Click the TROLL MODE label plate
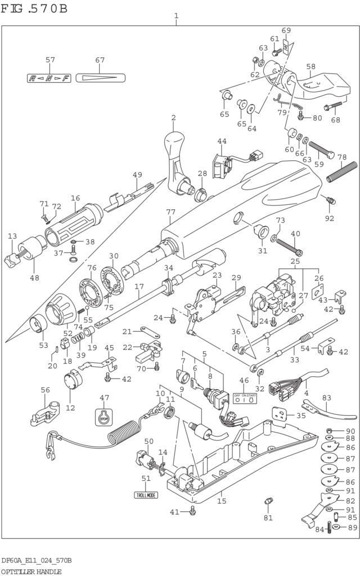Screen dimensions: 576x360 [146, 495]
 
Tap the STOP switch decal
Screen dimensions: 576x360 [103, 417]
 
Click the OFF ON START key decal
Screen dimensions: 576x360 [245, 398]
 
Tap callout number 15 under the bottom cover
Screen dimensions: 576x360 [222, 501]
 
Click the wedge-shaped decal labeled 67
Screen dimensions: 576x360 [100, 78]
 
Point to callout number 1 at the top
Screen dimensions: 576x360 [176, 16]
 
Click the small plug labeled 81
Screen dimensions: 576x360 [268, 501]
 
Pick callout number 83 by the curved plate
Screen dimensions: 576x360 [326, 397]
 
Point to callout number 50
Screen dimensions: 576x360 [148, 442]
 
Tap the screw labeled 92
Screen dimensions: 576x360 [331, 201]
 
